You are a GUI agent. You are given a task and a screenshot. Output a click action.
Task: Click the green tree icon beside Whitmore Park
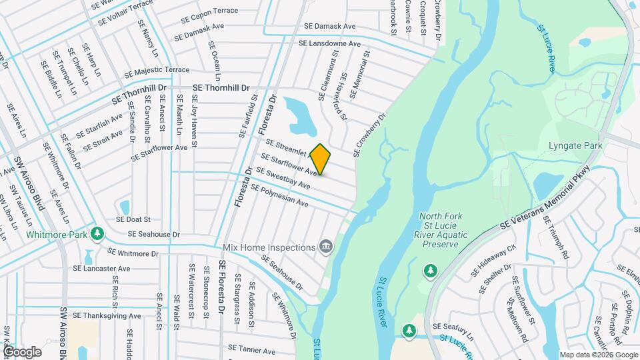click(x=98, y=233)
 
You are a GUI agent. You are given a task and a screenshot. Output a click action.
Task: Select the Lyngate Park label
click(x=575, y=145)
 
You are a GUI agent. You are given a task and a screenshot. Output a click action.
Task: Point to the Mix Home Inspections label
click(x=268, y=247)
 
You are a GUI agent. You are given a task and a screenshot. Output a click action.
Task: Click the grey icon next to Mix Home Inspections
click(x=326, y=247)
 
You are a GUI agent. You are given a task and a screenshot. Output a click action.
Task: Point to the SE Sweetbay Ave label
click(x=284, y=178)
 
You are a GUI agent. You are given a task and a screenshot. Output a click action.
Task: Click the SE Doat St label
click(x=134, y=219)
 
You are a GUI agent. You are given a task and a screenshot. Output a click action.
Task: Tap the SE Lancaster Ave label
click(x=102, y=268)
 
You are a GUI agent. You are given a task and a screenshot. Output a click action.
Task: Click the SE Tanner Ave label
click(x=252, y=347)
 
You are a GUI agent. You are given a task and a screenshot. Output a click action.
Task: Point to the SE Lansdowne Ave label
click(x=329, y=43)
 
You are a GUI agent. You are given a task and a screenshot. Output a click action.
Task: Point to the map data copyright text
click(x=598, y=355)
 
